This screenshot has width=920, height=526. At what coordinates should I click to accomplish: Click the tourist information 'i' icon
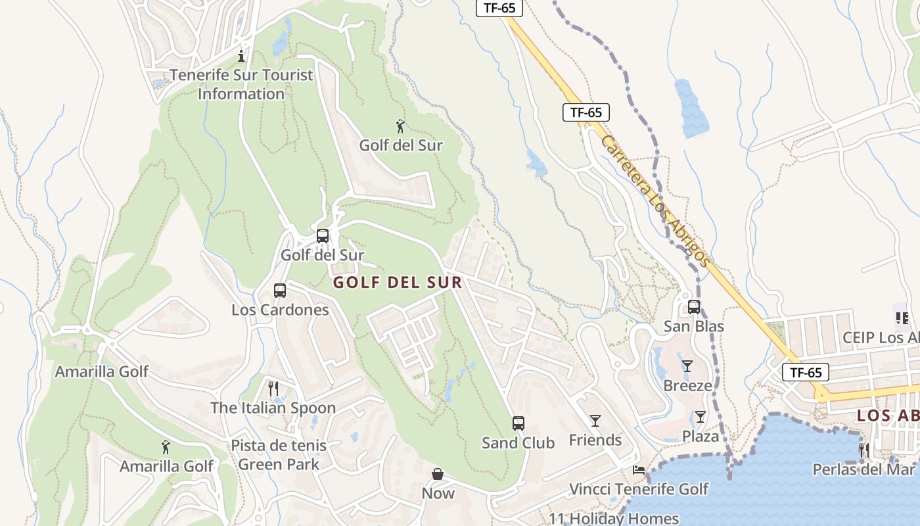[242, 56]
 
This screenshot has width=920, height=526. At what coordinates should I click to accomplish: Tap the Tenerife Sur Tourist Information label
[241, 84]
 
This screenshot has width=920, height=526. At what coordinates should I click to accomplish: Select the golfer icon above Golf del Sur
[400, 126]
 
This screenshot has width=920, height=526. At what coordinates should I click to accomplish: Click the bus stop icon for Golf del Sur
[322, 236]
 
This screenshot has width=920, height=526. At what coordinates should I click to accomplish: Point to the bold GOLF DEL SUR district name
[397, 283]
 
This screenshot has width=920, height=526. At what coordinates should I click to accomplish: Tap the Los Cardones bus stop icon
[280, 291]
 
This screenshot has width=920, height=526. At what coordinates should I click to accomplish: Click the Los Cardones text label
[280, 310]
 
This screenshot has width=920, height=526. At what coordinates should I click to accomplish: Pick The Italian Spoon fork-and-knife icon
[273, 389]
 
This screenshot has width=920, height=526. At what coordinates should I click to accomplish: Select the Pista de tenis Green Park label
[279, 455]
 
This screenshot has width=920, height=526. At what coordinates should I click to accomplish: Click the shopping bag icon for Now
[438, 474]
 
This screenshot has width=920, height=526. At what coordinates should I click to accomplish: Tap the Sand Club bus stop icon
[518, 423]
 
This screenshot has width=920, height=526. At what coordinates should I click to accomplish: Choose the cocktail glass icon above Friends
[595, 421]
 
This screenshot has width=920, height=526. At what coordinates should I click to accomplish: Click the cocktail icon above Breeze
[687, 366]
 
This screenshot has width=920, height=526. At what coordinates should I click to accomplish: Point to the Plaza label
[700, 436]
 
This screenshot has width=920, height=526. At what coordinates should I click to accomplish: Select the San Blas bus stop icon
[694, 307]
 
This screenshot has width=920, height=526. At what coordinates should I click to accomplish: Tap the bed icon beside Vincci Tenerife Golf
[638, 469]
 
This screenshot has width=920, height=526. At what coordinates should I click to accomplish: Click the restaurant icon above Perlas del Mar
[864, 450]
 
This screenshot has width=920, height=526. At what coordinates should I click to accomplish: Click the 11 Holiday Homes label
[613, 518]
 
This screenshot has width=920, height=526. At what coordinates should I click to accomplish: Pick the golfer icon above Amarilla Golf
[166, 447]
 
